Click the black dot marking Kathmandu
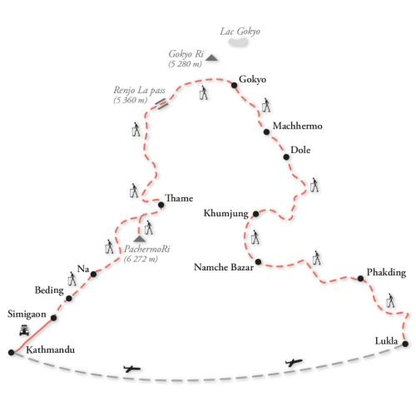pyautogui.click(x=11, y=353)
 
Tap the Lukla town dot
pyautogui.click(x=405, y=344)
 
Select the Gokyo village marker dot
pyautogui.click(x=234, y=85)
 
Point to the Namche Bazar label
pyautogui.click(x=224, y=267)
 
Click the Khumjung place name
pyautogui.click(x=226, y=214)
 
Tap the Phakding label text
pyautogui.click(x=386, y=273)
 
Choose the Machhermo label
pyautogui.click(x=297, y=126)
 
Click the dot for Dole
pyautogui.click(x=286, y=157)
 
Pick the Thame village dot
pyautogui.click(x=161, y=205)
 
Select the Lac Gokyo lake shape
pyautogui.click(x=238, y=42)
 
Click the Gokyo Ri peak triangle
pyautogui.click(x=211, y=57)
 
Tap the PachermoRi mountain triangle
pyautogui.click(x=139, y=239)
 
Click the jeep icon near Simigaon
pyautogui.click(x=24, y=330)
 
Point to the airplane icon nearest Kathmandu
pyautogui.click(x=132, y=369)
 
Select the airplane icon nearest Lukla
pyautogui.click(x=294, y=362)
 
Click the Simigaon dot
pyautogui.click(x=53, y=318)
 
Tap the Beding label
pyautogui.click(x=49, y=290)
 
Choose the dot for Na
pyautogui.click(x=93, y=274)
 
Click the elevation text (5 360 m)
pyautogui.click(x=130, y=100)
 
